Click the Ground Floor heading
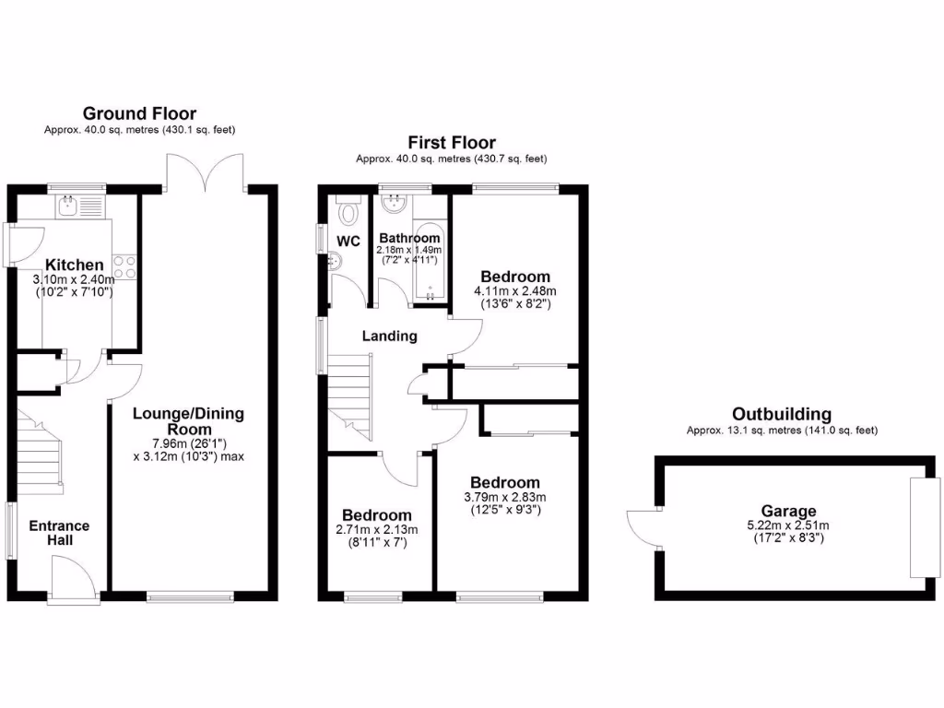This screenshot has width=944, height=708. pyautogui.click(x=139, y=113)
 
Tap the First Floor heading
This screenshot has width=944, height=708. pyautogui.click(x=452, y=143)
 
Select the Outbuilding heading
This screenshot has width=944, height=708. pyautogui.click(x=781, y=414)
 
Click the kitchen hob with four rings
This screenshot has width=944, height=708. pyautogui.click(x=125, y=266)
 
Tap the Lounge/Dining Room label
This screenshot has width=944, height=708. pyautogui.click(x=188, y=421)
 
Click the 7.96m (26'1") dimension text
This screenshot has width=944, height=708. pyautogui.click(x=188, y=442)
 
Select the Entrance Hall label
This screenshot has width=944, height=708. pyautogui.click(x=59, y=533)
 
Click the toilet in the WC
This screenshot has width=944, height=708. pyautogui.click(x=348, y=212)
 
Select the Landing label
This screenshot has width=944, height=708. pyautogui.click(x=389, y=336)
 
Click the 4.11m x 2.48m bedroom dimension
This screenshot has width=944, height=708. pyautogui.click(x=515, y=291)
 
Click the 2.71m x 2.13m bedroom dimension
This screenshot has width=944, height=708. pyautogui.click(x=376, y=530)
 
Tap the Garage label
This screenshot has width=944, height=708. pyautogui.click(x=788, y=512)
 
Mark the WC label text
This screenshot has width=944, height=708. pyautogui.click(x=348, y=242)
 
